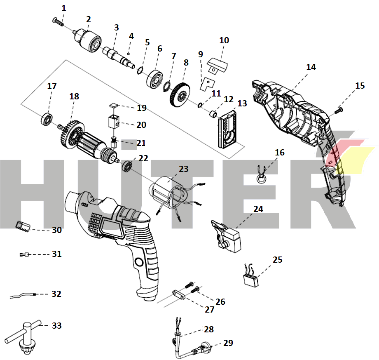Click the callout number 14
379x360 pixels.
311,67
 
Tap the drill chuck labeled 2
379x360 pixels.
87,40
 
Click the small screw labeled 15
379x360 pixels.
339,111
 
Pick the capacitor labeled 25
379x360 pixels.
250,276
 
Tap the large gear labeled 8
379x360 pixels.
180,95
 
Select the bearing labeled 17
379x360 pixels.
47,119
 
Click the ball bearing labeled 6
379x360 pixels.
155,79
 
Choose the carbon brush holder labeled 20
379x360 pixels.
114,122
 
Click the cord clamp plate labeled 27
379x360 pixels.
179,294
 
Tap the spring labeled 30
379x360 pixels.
23,227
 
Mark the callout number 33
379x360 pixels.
57,325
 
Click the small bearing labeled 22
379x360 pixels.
127,166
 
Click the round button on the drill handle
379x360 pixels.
139,262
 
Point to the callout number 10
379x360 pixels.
224,40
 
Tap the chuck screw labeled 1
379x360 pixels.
58,21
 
